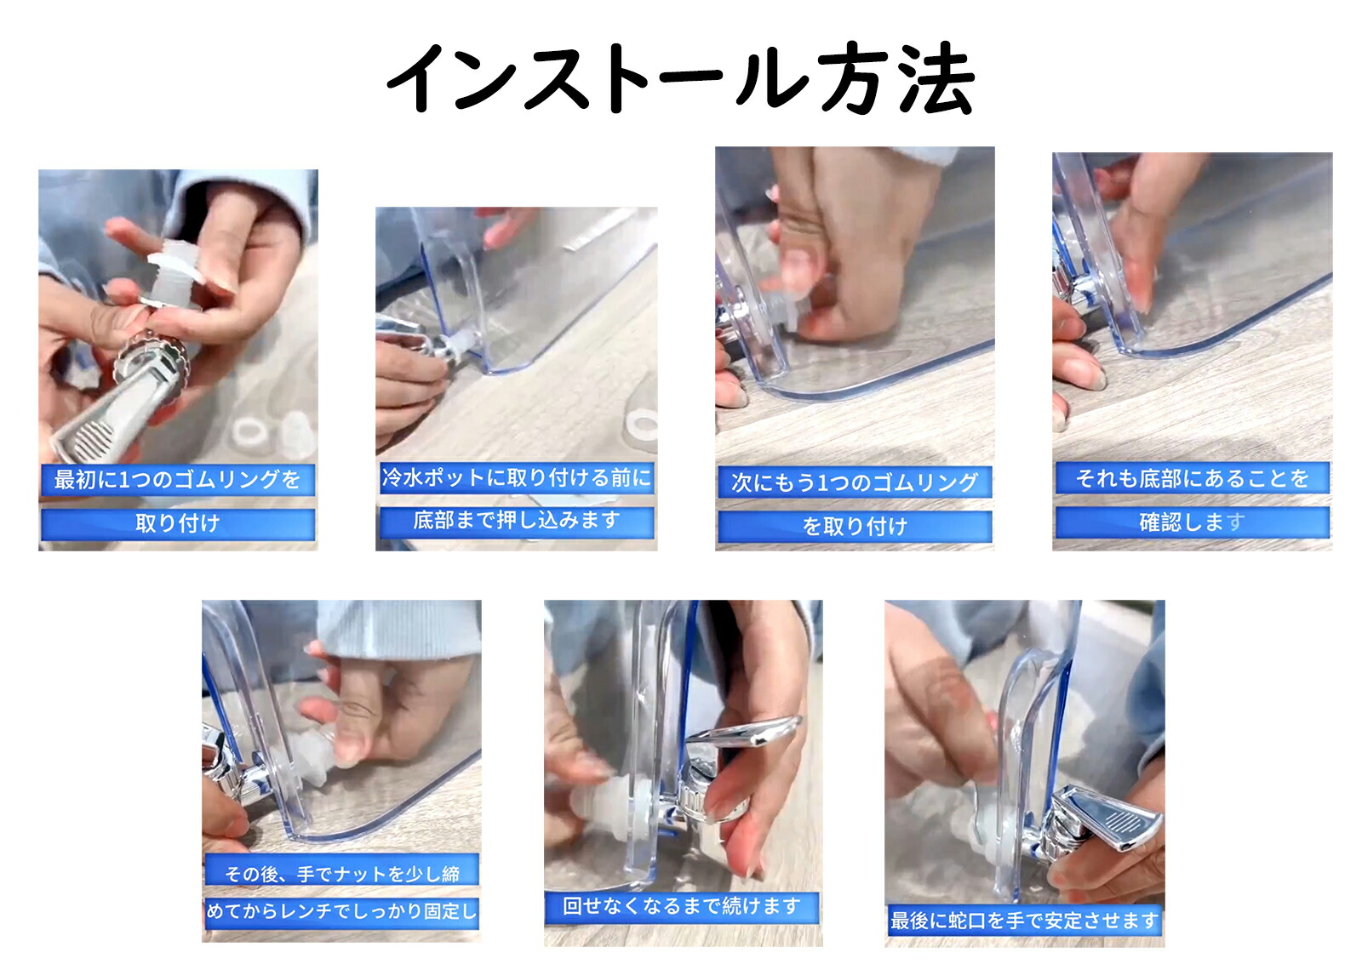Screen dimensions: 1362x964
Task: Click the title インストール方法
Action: pos(681,78)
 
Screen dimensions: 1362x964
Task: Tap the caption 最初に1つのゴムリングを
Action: pos(178,480)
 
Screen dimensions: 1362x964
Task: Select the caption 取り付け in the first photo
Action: pos(178,523)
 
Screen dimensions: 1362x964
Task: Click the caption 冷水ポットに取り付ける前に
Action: pos(516,477)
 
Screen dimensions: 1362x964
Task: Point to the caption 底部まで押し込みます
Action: pos(516,521)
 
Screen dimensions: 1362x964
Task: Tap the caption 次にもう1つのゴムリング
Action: pos(855,482)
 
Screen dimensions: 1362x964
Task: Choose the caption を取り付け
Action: pos(855,527)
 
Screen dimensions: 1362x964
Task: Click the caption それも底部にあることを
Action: pos(1193,479)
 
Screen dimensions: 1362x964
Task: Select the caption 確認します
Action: pos(1193,522)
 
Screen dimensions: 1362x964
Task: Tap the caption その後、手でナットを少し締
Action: pos(341,874)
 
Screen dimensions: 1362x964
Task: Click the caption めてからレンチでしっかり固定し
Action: pos(341,911)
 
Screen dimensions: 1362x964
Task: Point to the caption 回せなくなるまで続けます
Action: pos(682,906)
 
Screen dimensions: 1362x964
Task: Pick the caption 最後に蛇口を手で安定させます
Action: pos(1024,921)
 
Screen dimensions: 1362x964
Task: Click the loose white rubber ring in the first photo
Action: pos(250,431)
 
